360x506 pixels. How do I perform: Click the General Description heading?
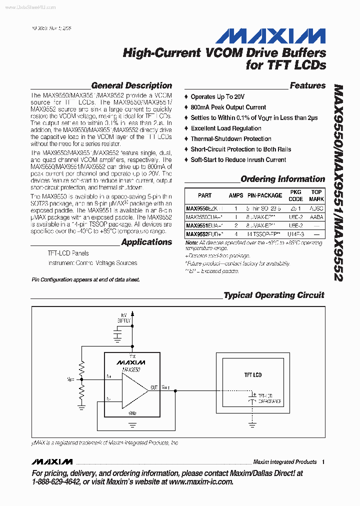click(131, 85)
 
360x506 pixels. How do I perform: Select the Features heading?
click(307, 85)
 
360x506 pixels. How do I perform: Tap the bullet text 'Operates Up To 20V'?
click(217, 97)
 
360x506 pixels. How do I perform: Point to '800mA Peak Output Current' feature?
click(228, 107)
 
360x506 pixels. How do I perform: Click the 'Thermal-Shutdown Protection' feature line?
click(230, 139)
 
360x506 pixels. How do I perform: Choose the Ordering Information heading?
click(282, 179)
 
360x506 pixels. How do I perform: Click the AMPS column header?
click(236, 195)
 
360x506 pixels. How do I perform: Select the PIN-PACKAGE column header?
click(264, 195)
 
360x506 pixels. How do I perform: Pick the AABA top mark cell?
click(316, 217)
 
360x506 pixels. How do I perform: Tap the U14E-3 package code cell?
click(295, 233)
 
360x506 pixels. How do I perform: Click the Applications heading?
click(146, 242)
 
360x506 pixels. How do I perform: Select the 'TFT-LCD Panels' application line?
click(68, 253)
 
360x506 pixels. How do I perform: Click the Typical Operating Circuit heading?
click(273, 295)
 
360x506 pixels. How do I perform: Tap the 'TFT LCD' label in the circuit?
click(252, 375)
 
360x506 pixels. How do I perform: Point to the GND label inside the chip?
click(132, 413)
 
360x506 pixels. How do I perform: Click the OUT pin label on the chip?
click(154, 387)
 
